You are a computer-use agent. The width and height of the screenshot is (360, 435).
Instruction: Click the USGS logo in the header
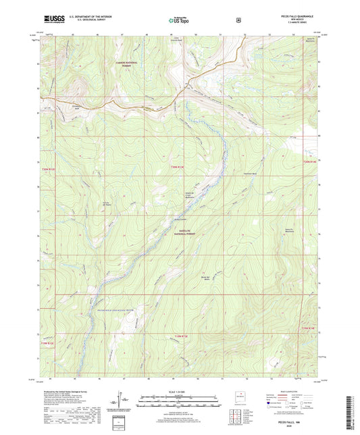click(51, 20)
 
